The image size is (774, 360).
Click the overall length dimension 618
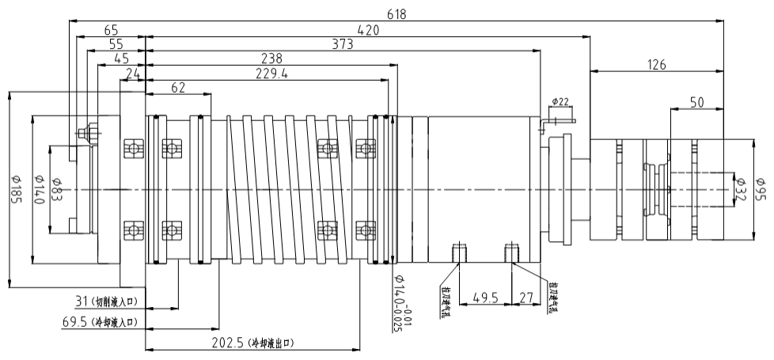393,13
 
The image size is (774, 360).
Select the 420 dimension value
367,30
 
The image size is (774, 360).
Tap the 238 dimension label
272,59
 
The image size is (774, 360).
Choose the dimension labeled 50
696,102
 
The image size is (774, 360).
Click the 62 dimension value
178,88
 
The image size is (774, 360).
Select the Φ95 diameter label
760,189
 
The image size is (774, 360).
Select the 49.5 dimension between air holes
485,298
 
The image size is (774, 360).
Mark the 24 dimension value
132,74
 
